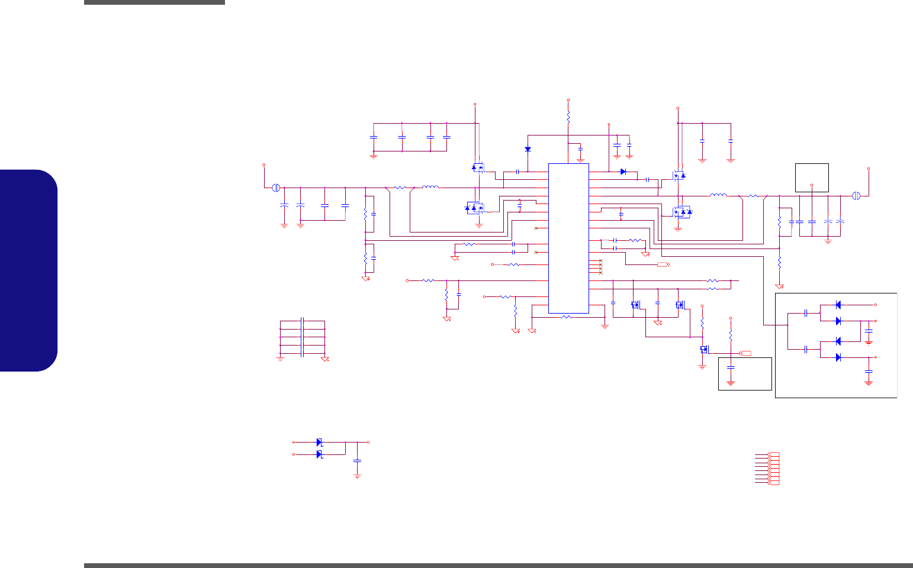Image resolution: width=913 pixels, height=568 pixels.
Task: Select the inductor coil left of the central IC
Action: coord(430,188)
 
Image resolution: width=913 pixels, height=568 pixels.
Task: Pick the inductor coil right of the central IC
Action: coord(718,195)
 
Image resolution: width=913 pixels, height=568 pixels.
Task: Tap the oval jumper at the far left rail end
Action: coord(275,188)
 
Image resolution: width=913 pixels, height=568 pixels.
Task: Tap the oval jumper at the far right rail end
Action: coord(856,195)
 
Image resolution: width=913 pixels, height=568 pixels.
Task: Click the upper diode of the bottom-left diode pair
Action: coord(319,442)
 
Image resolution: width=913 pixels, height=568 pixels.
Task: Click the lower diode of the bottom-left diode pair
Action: coord(319,454)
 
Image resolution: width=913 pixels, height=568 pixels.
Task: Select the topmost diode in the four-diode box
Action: coord(838,305)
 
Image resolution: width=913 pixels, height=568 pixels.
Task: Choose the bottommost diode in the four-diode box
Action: coord(838,357)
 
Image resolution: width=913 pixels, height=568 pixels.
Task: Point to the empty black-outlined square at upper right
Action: coord(812,177)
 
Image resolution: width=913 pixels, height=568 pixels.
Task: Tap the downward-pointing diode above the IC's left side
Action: coord(528,149)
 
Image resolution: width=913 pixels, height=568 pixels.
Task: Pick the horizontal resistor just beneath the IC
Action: coord(566,317)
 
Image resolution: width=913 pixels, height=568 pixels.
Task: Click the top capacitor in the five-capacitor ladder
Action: coord(303,321)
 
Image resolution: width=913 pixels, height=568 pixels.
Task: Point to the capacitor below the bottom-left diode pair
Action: coord(357,460)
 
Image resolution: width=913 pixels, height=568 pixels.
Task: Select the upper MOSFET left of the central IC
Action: coord(477,168)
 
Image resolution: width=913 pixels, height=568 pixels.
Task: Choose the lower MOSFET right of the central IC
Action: coord(681,212)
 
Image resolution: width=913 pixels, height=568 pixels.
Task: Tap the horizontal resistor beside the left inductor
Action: coord(400,188)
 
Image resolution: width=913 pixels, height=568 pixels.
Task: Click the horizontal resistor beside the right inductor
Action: coord(753,195)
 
